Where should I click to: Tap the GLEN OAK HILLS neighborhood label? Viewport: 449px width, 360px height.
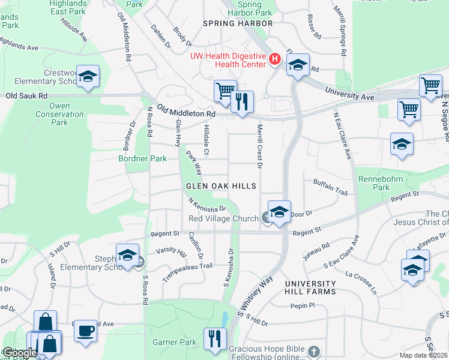(224, 187)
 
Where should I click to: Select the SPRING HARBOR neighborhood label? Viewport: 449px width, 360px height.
(238, 23)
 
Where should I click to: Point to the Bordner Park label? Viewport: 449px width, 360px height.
(142, 159)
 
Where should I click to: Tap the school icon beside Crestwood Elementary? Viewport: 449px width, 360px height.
(88, 76)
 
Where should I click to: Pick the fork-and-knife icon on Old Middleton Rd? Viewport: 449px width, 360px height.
(243, 102)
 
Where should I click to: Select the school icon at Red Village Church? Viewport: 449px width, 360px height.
(279, 212)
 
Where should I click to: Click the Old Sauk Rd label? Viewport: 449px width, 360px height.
(26, 95)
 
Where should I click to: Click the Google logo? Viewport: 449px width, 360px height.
(20, 353)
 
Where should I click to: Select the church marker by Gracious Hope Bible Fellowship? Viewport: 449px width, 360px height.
(313, 351)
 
